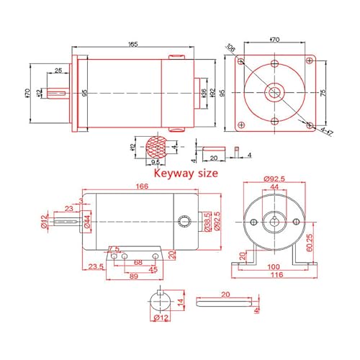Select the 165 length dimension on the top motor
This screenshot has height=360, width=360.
[x=132, y=45]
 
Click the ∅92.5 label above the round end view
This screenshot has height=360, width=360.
[x=275, y=179]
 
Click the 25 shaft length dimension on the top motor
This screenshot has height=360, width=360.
[x=57, y=70]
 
